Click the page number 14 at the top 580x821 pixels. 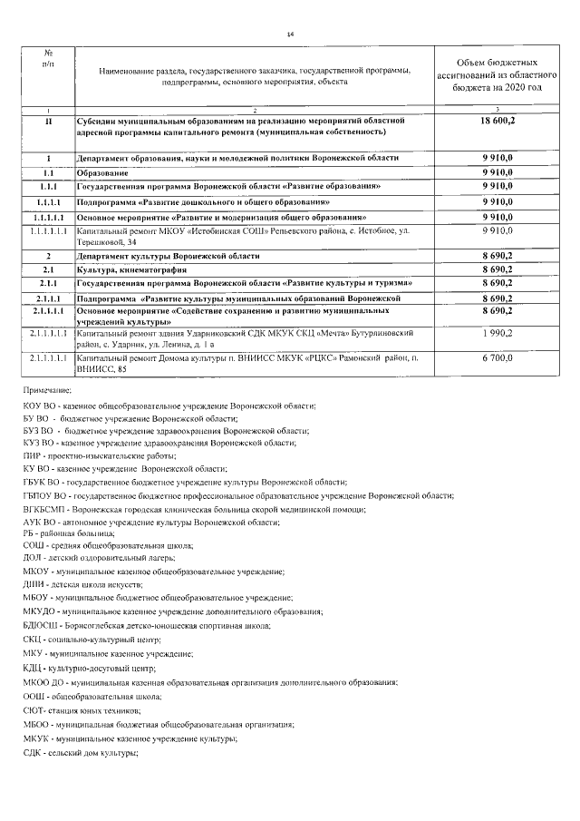290,34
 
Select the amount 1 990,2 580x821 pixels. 498,335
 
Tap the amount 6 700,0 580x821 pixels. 498,359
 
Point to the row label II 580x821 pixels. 47,120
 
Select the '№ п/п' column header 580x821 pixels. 47,60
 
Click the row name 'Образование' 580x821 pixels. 102,171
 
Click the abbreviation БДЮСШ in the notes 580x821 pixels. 39,626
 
